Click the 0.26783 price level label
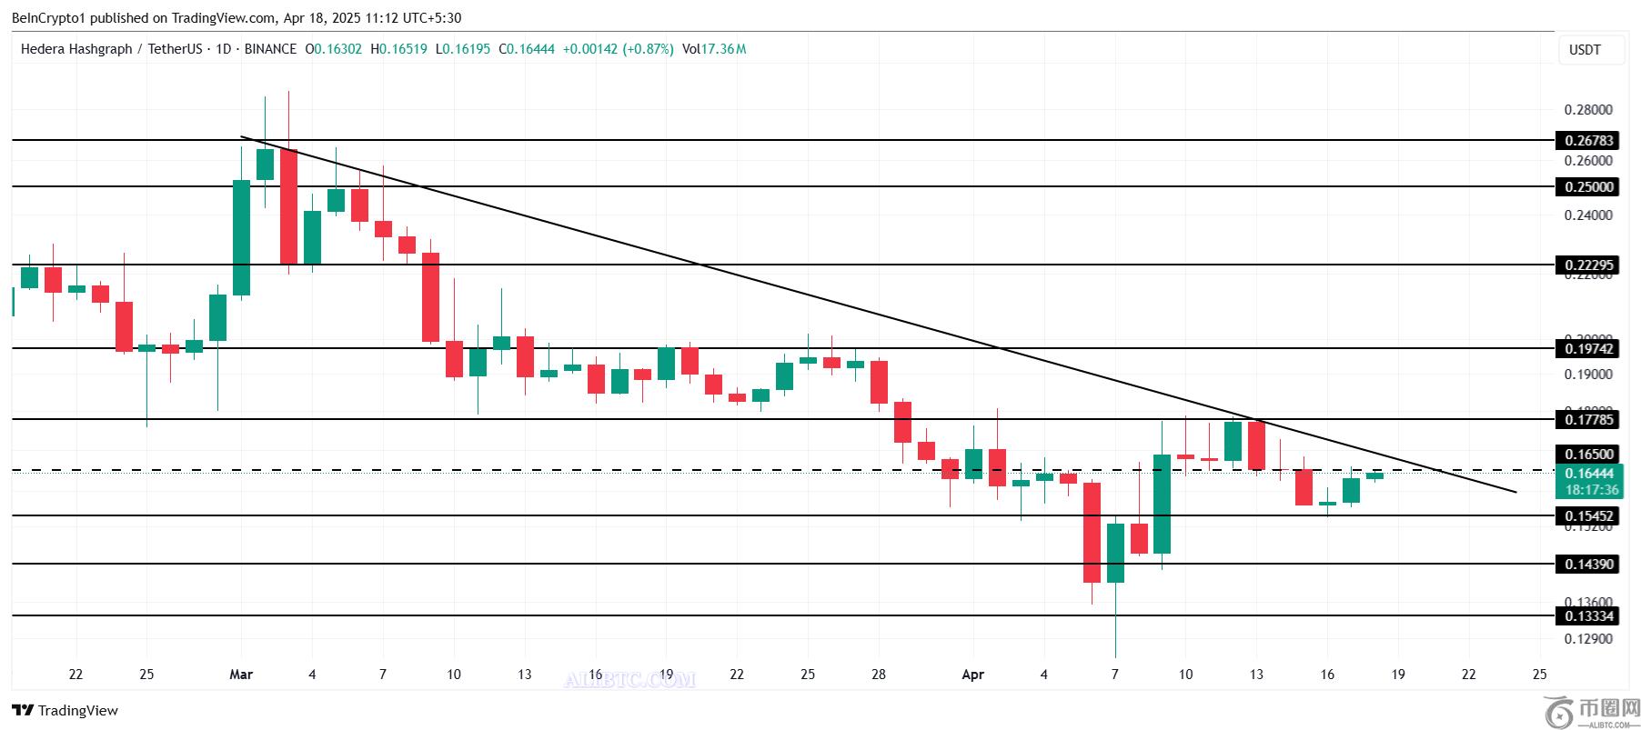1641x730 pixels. click(x=1588, y=141)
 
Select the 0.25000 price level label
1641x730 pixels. click(x=1588, y=187)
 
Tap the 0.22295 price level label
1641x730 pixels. click(x=1588, y=265)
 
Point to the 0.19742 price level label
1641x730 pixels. click(x=1588, y=349)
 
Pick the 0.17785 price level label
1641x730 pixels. click(x=1588, y=420)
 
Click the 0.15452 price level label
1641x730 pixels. click(x=1588, y=516)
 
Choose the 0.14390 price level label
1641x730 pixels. click(x=1588, y=565)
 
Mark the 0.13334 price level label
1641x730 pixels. click(x=1588, y=616)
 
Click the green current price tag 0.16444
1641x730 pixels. click(x=1588, y=474)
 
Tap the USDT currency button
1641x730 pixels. click(x=1585, y=50)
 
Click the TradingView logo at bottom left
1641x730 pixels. click(x=65, y=710)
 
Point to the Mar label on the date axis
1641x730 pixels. click(x=241, y=675)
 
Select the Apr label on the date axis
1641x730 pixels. click(x=972, y=675)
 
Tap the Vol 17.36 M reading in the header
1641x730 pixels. click(x=713, y=49)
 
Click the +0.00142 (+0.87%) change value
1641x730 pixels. click(x=618, y=49)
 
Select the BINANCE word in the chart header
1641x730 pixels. click(x=270, y=49)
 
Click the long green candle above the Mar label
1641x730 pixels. click(x=241, y=237)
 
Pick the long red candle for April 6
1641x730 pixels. click(x=1092, y=532)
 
